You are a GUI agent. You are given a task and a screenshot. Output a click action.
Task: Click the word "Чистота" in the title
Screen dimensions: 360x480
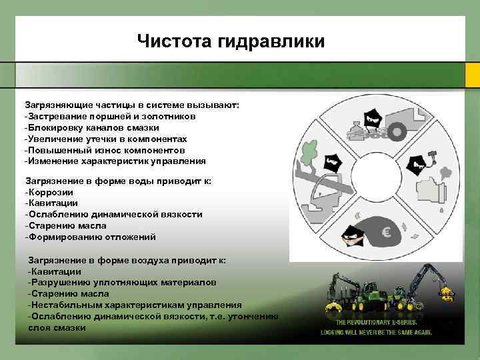(x=174, y=41)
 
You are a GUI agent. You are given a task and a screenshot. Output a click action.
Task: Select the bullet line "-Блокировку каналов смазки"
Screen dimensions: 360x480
(x=92, y=127)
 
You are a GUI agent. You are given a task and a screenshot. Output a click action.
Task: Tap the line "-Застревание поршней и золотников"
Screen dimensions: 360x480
(x=110, y=116)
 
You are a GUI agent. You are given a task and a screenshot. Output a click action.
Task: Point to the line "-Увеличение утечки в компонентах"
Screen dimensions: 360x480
(x=106, y=139)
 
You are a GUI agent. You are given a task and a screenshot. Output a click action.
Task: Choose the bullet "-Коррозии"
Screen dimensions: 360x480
(x=51, y=191)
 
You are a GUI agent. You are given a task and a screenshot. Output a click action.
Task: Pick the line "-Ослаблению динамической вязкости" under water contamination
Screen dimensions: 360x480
(x=113, y=214)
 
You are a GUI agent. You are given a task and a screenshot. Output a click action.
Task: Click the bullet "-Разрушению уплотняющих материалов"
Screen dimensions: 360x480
(x=122, y=283)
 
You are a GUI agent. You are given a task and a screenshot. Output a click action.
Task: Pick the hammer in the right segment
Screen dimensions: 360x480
(x=432, y=155)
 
